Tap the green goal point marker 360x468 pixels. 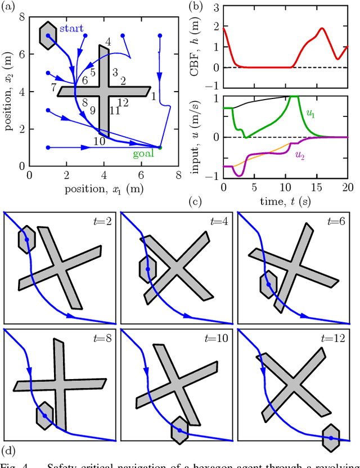(x=160, y=147)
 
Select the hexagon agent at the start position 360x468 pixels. (x=48, y=35)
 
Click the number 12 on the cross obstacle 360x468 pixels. (x=123, y=102)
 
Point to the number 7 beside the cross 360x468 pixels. (x=53, y=88)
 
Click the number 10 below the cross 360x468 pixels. (x=99, y=142)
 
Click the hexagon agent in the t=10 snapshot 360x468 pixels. (x=179, y=430)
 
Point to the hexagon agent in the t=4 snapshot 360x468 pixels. (x=147, y=269)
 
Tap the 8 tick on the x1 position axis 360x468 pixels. (x=178, y=175)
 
